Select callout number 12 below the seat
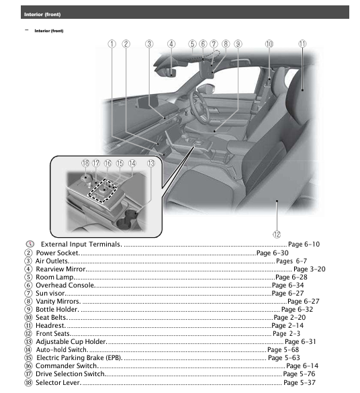[x=277, y=234]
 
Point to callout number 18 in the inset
[x=85, y=163]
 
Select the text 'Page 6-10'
[x=304, y=245]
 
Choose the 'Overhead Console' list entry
[x=65, y=286]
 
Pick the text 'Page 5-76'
[x=299, y=374]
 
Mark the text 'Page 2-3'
[x=286, y=334]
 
